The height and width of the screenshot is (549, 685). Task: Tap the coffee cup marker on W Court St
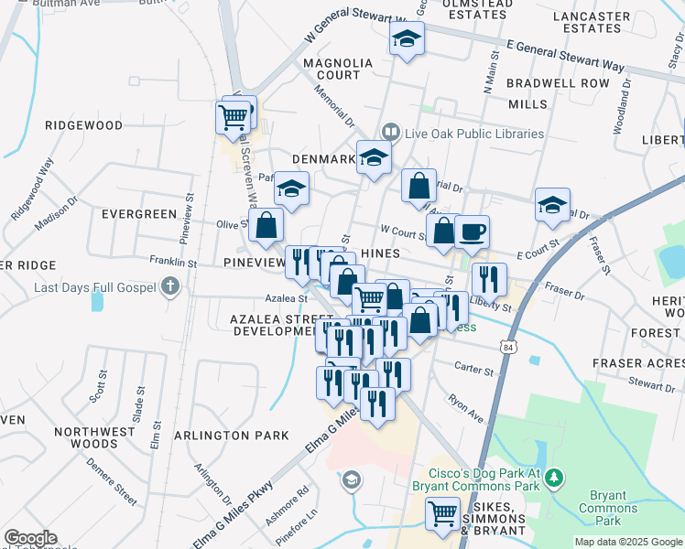(472, 232)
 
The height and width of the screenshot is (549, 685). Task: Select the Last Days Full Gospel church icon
(169, 287)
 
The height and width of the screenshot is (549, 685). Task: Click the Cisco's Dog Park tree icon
(554, 478)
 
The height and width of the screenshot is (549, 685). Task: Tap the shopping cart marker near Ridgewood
(234, 117)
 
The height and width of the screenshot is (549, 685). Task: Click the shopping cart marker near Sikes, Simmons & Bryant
(443, 513)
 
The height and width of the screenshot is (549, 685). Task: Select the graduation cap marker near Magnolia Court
(406, 39)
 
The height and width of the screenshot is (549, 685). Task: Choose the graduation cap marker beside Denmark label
(374, 157)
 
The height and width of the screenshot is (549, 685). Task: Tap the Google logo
(30, 538)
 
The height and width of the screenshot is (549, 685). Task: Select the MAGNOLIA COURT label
(339, 69)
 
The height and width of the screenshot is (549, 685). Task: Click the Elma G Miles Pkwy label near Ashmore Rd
(233, 513)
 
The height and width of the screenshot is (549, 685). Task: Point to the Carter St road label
(475, 372)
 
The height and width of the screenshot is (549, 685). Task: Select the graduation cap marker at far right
(552, 205)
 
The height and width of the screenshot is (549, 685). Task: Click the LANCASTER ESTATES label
(593, 22)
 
